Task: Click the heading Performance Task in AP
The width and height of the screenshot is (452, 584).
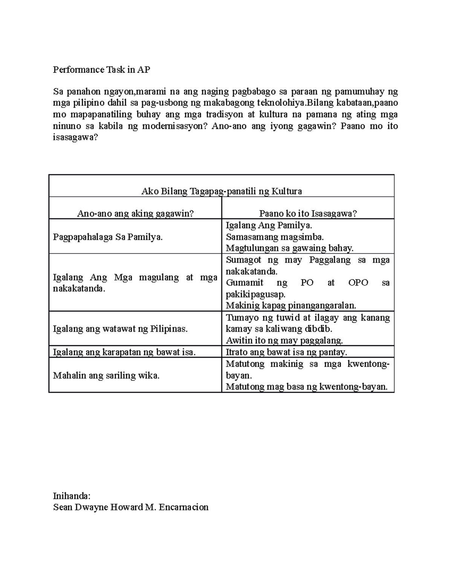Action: tap(101, 70)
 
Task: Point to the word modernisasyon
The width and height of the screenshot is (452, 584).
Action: tap(174, 126)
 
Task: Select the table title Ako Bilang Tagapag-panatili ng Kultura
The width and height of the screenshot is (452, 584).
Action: tap(221, 191)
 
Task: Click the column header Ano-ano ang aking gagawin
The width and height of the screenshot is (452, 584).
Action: tap(135, 214)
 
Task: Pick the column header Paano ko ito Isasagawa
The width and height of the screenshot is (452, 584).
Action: tap(308, 214)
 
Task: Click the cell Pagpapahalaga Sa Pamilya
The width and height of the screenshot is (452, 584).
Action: tap(108, 237)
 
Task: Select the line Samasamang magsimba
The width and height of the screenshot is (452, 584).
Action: tap(275, 237)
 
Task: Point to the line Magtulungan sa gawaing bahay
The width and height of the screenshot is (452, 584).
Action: tap(289, 248)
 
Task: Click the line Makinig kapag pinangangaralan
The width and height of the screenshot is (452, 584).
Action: tap(291, 305)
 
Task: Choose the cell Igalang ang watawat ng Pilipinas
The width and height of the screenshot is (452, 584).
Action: tap(120, 329)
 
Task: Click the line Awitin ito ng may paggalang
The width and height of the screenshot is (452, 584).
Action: tap(284, 341)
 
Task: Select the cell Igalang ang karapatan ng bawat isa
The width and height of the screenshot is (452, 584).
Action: tap(124, 352)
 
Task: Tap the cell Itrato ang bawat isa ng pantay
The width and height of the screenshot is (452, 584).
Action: tap(286, 352)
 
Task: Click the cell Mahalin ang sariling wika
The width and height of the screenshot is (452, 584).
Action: tap(106, 375)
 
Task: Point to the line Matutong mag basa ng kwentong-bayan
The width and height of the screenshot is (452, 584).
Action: tap(307, 387)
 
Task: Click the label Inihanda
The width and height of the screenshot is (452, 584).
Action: tap(72, 496)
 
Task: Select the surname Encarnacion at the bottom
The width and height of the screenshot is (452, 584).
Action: tap(183, 507)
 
